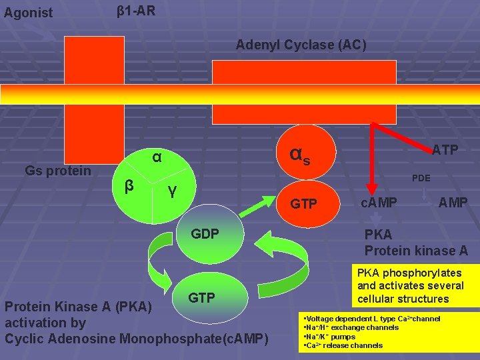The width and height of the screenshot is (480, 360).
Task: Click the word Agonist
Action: coord(28,13)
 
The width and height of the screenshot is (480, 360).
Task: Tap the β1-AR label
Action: coord(136,11)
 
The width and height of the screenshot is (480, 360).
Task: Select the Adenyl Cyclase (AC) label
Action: coord(301,45)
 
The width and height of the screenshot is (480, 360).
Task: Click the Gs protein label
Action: coord(58,171)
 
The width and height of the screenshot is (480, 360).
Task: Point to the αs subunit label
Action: coord(300,155)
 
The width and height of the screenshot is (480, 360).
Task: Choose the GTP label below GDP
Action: coord(201,297)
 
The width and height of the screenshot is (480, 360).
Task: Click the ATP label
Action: coord(445,150)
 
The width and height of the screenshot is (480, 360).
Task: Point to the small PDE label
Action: coord(421,179)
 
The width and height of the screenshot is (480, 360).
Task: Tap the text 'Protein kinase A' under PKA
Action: coord(416,251)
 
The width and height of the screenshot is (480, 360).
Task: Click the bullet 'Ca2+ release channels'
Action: coord(343,345)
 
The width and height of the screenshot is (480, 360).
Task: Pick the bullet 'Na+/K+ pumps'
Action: coord(329,337)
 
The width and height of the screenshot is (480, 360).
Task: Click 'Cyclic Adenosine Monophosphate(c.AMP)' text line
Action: coord(136,338)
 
